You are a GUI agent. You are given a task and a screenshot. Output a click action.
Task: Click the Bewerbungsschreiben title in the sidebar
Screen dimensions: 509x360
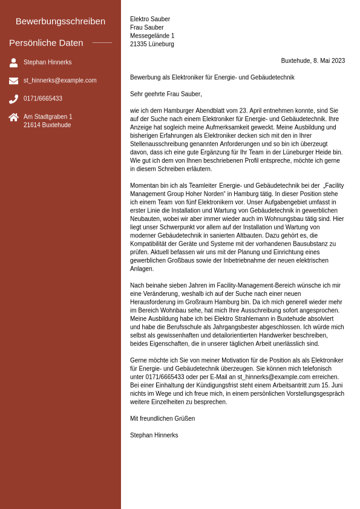click(61, 21)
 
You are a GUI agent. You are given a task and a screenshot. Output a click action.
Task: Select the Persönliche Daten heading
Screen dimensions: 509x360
click(46, 43)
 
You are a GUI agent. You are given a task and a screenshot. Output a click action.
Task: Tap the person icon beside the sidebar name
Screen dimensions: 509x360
click(13, 62)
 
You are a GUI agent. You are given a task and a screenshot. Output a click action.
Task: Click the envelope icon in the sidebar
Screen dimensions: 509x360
click(13, 80)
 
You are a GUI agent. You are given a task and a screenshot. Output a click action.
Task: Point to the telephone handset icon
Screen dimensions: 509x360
click(13, 99)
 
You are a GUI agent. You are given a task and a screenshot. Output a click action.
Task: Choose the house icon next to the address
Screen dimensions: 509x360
click(13, 117)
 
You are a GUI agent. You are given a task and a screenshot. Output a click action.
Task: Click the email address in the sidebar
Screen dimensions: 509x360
click(60, 80)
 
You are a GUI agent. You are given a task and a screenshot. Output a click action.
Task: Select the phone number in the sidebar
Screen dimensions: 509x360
click(43, 99)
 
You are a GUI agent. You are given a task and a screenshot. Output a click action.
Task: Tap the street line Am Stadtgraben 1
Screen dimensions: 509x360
click(48, 117)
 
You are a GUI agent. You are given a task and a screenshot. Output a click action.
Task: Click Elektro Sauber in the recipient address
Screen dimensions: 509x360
click(150, 19)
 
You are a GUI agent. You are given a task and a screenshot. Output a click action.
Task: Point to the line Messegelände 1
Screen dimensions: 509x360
click(152, 36)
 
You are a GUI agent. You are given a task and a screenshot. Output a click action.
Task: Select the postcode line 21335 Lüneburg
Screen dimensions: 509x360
click(152, 44)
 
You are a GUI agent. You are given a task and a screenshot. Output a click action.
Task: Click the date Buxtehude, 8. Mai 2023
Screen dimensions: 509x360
click(313, 61)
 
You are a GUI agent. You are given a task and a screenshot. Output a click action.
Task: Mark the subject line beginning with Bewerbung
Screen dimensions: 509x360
click(212, 77)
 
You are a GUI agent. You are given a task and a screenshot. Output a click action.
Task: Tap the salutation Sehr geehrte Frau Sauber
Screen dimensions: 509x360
click(166, 94)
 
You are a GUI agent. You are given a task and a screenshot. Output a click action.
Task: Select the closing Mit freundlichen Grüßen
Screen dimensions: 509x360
click(162, 419)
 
